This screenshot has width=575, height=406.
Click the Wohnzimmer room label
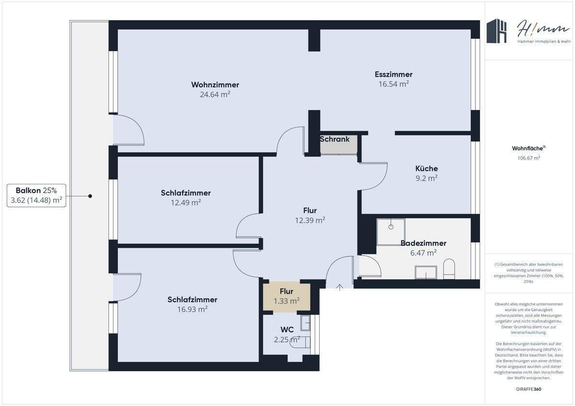pos(215,85)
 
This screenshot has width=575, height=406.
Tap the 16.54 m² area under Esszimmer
pos(393,84)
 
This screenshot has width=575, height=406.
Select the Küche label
pos(426,169)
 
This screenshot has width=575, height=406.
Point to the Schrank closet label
pos(334,139)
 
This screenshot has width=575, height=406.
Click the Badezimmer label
pos(423,243)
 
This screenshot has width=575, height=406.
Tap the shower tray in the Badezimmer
pos(391,229)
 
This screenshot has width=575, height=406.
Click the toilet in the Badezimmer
pos(449,269)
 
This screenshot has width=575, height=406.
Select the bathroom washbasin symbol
pos(425,272)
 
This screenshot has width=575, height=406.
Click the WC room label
pos(287,329)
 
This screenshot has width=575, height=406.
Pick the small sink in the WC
pos(305,323)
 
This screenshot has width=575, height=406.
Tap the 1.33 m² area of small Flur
pos(287,301)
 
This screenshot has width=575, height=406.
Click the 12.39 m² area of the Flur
pos(310,220)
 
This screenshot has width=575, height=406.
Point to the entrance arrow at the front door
pos(340,287)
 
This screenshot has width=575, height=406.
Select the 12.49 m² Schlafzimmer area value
pos(185,203)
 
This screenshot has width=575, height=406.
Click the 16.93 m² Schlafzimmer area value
pos(192,309)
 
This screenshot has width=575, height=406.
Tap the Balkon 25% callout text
pos(36,190)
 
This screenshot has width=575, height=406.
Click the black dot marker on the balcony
pos(90,196)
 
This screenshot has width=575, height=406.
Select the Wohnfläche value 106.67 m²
pos(529,158)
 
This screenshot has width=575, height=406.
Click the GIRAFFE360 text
pos(529,389)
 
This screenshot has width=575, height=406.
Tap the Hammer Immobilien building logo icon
pos(497,31)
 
